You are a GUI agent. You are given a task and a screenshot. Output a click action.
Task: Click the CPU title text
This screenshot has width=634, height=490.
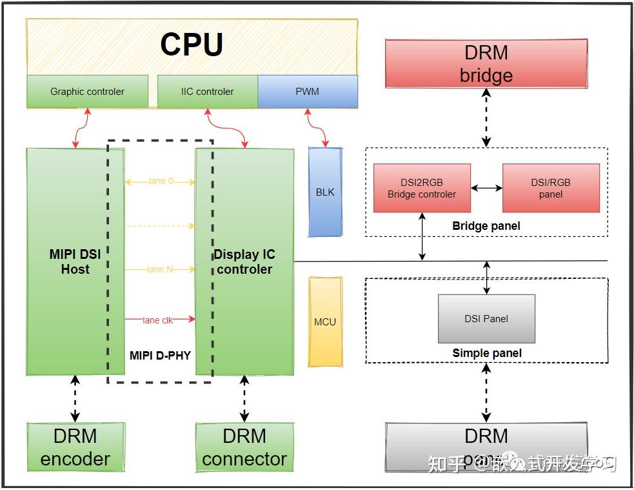tap(192, 45)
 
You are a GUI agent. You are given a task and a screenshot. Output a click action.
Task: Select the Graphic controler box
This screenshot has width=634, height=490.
tap(87, 92)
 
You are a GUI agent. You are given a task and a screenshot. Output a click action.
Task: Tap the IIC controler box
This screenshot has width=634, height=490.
tap(207, 92)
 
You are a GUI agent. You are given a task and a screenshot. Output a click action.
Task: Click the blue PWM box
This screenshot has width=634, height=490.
tap(307, 92)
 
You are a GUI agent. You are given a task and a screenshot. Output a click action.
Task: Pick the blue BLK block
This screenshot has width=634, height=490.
tap(325, 192)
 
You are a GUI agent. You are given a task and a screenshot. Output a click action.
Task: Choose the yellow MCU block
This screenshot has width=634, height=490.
tap(325, 322)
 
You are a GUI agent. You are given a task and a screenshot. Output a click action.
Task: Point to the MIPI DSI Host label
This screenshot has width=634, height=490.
tap(75, 261)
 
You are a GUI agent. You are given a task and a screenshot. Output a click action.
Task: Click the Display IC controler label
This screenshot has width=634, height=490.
tap(244, 261)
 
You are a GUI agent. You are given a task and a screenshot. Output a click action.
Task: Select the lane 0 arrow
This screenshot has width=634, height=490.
tap(160, 182)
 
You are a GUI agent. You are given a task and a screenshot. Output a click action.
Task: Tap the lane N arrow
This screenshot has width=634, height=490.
tap(160, 269)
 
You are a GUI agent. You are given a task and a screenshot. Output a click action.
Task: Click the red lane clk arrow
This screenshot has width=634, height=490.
tap(160, 320)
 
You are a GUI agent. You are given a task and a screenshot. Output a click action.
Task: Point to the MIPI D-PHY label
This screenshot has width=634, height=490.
tap(160, 355)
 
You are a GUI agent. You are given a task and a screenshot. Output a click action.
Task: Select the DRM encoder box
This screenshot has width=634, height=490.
tap(75, 447)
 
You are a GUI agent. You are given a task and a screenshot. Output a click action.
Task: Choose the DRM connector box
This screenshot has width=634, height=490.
tap(244, 447)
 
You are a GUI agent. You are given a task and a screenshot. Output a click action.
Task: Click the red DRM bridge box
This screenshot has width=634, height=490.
tap(486, 63)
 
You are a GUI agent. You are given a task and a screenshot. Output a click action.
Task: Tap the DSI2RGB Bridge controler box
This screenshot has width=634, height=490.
tap(422, 188)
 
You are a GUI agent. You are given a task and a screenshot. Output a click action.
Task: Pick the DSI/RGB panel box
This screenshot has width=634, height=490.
tap(551, 188)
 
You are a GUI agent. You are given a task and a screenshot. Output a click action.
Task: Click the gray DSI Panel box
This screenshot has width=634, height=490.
tap(486, 318)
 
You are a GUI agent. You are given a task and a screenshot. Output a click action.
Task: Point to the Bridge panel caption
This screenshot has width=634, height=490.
tap(486, 226)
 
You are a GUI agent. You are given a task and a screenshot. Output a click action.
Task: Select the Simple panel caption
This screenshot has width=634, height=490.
tap(487, 353)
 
